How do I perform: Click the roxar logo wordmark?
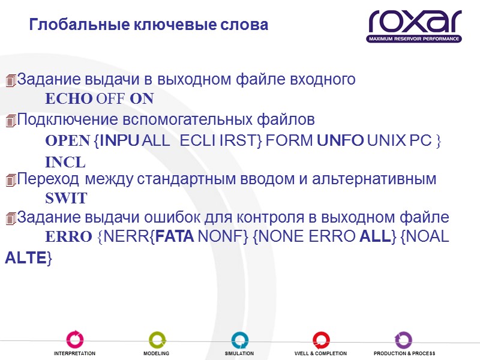(x=415, y=21)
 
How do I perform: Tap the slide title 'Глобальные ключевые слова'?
(x=149, y=26)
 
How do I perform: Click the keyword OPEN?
(x=67, y=140)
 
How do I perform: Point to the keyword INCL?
(x=65, y=163)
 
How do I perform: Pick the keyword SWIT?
(x=67, y=198)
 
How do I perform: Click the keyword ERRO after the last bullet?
(x=68, y=237)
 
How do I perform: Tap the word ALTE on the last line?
(x=26, y=259)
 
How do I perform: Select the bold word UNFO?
(x=340, y=140)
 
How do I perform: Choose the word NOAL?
(x=428, y=237)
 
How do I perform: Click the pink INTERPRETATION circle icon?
(x=75, y=339)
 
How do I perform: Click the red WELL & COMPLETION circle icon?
(x=321, y=339)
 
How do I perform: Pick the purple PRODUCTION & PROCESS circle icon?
(x=403, y=339)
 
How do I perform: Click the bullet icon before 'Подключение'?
(x=10, y=121)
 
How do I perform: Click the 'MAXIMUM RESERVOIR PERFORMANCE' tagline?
(x=414, y=39)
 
